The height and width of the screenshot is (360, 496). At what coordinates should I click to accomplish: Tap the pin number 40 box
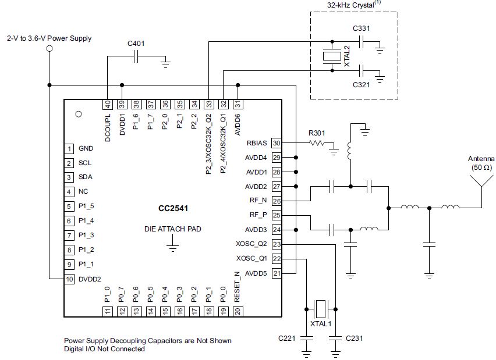108,104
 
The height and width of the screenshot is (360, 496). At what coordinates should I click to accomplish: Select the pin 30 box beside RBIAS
277,143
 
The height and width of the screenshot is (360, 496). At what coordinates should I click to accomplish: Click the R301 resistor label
317,133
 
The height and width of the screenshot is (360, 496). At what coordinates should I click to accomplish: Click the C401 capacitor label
137,43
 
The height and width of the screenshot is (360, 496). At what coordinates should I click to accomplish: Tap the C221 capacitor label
288,338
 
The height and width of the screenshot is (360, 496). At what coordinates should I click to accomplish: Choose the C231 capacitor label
355,338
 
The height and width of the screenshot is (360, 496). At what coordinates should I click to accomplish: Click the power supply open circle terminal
49,49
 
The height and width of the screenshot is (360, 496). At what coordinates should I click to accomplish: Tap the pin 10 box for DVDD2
69,279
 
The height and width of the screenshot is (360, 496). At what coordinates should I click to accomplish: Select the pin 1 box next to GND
69,148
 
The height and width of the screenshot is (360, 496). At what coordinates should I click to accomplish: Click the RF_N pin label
256,201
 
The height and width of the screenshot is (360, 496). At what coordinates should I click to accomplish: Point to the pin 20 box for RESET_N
238,311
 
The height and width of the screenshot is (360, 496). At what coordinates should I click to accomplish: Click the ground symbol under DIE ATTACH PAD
172,248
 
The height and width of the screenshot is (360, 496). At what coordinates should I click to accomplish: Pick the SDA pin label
85,177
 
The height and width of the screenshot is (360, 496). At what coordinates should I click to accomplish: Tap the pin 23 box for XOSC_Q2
277,245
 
